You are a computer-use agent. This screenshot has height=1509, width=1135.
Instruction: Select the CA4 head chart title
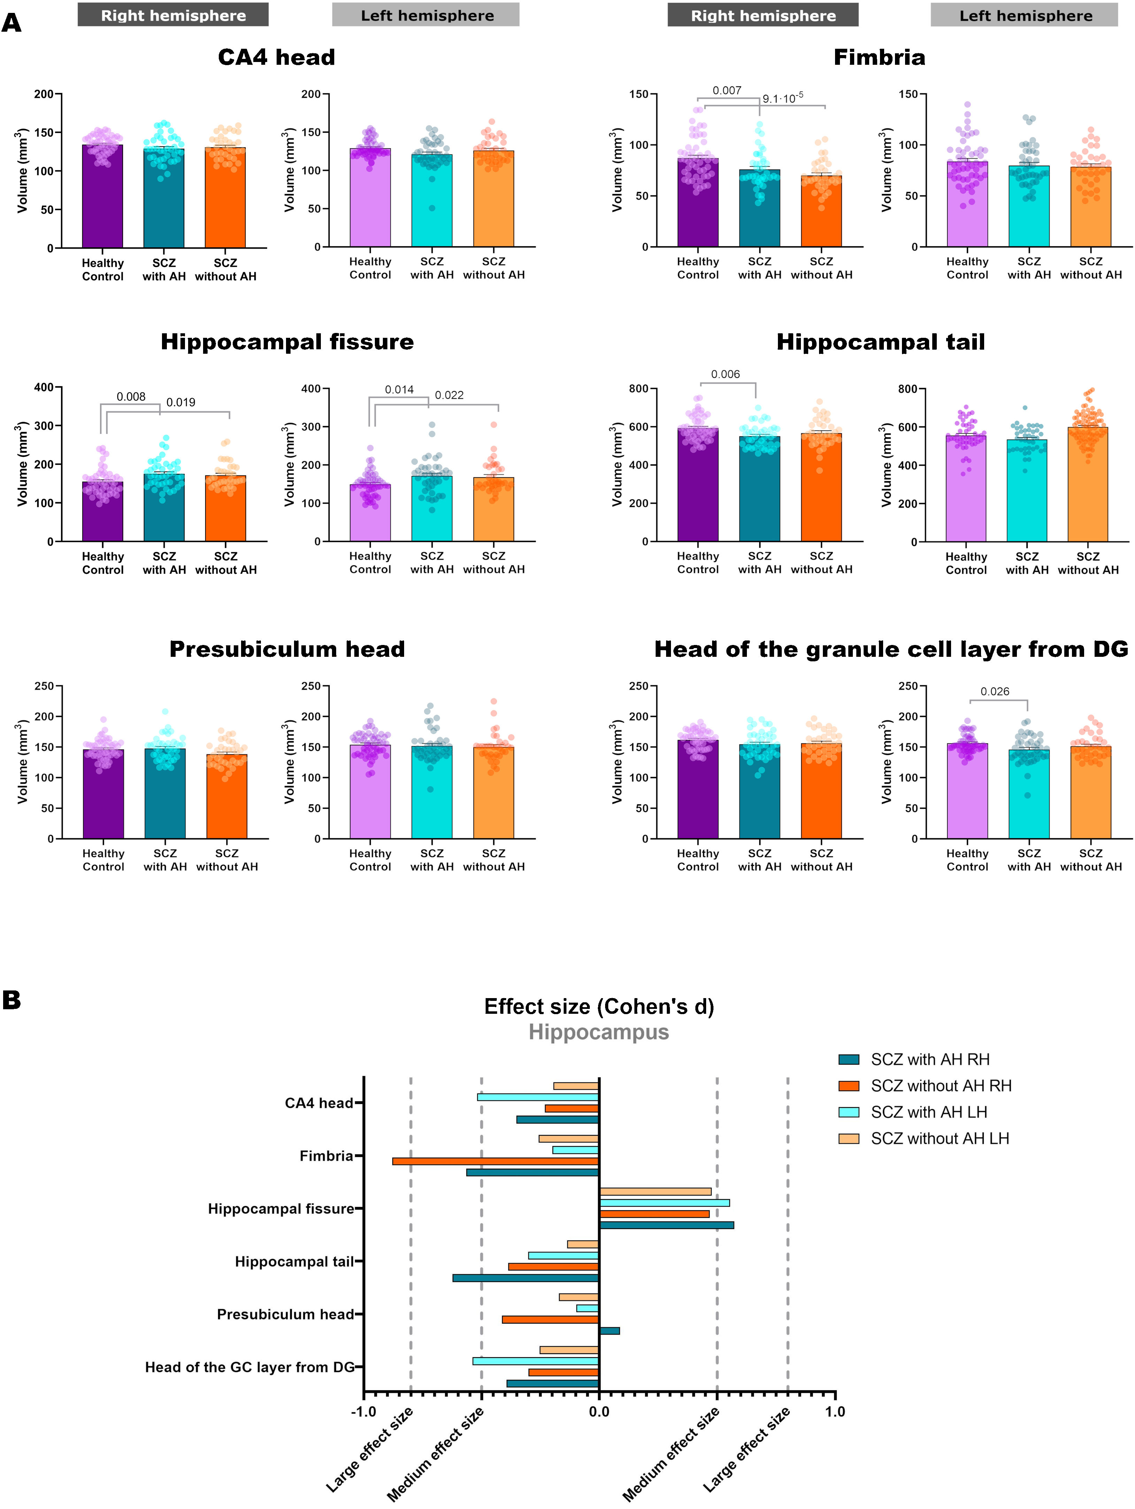276,57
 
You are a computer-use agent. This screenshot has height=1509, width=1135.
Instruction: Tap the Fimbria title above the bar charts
879,57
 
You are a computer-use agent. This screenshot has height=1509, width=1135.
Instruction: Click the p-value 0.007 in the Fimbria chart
727,91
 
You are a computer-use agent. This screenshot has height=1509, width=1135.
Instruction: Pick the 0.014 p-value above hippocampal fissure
399,390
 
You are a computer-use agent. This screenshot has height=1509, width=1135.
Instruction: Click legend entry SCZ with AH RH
929,1059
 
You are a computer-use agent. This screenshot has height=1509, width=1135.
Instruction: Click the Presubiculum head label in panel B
285,1315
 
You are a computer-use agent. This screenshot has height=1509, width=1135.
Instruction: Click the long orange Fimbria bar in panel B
495,1161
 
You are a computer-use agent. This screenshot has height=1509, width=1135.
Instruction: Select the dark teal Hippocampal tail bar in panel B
526,1278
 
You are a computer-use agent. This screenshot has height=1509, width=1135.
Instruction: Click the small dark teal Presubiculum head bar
609,1330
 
